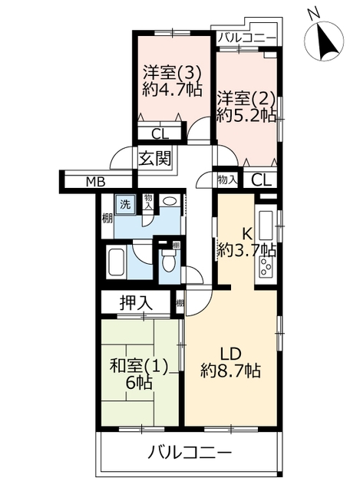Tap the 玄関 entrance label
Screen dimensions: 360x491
(155, 158)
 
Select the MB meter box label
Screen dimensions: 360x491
(95, 182)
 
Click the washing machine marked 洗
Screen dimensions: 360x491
(124, 204)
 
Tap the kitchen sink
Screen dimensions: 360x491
(266, 225)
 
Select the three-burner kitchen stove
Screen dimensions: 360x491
(266, 267)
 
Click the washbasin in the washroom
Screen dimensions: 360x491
(169, 200)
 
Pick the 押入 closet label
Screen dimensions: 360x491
(136, 302)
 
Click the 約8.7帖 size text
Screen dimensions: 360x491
(230, 371)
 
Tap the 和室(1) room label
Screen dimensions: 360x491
(139, 366)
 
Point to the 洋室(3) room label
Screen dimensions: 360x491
(172, 74)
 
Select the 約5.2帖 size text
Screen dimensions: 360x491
(246, 116)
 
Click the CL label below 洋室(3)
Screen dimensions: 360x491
(160, 134)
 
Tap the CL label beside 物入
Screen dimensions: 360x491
(261, 181)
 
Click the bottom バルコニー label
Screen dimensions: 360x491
(190, 453)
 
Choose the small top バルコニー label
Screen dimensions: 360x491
(247, 38)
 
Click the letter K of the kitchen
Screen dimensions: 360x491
(247, 233)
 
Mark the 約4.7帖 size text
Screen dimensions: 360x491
(171, 90)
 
